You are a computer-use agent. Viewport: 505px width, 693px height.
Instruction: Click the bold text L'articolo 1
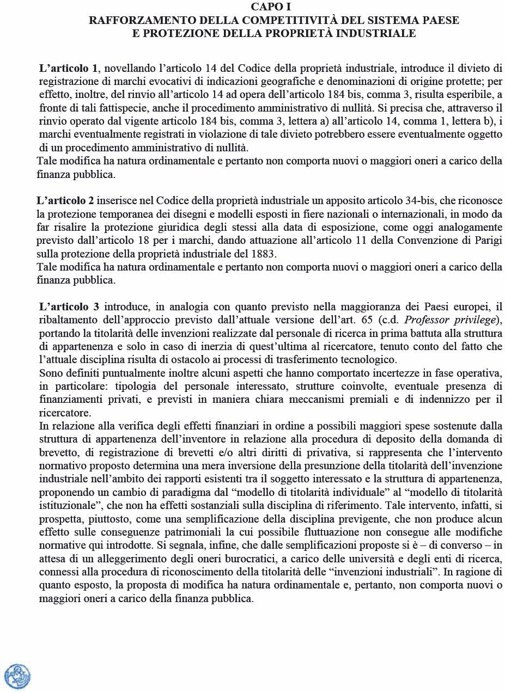(69, 69)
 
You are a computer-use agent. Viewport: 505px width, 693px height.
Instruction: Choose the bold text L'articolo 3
(69, 306)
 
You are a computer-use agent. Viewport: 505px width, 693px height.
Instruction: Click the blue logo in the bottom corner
(17, 676)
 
